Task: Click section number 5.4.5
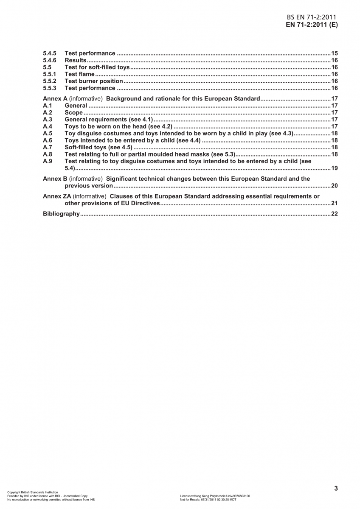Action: [50, 53]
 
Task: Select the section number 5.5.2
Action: [50, 81]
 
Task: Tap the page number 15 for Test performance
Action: [334, 53]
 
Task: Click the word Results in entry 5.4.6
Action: [75, 60]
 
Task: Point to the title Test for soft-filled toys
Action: [97, 67]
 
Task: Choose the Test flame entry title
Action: [79, 74]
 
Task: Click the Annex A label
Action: [55, 99]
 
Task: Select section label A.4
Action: [48, 126]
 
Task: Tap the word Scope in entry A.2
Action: [73, 112]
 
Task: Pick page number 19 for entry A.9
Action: [334, 168]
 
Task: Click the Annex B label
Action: [55, 179]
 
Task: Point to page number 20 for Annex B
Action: [334, 186]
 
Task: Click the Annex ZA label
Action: [57, 196]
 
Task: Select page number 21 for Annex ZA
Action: [334, 203]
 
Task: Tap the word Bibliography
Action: [61, 214]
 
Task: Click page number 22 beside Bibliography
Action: [334, 214]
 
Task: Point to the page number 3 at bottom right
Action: [336, 488]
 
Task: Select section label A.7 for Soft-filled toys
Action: [48, 147]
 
